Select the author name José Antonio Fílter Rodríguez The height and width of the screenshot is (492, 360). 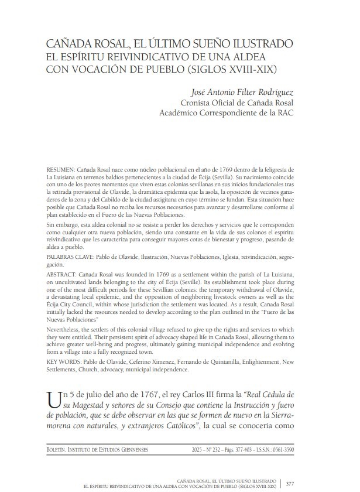242,92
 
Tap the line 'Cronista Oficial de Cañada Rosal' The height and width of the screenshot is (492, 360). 245,102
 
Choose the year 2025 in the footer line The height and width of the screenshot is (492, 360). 200,449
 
